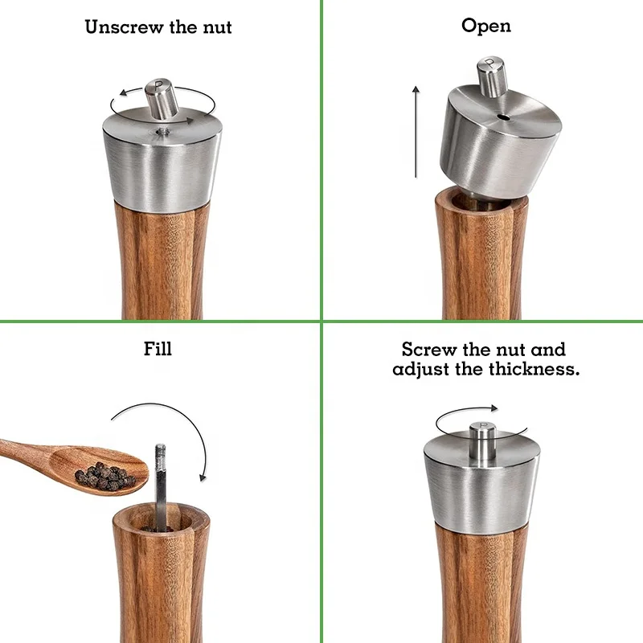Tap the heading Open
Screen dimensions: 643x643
[485, 26]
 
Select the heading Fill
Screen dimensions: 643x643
[158, 349]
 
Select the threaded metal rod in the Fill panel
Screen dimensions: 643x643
[161, 482]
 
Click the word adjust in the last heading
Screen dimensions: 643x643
[426, 371]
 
